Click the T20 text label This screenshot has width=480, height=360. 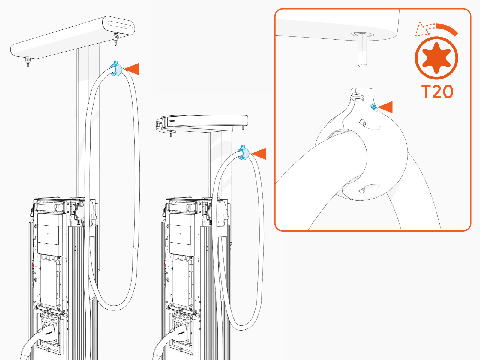(437, 92)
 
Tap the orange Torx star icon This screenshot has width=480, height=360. (436, 58)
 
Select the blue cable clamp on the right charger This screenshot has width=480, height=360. (243, 153)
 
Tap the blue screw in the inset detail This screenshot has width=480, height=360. (373, 107)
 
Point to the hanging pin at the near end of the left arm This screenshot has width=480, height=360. (28, 61)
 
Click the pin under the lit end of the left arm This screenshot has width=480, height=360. (115, 39)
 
